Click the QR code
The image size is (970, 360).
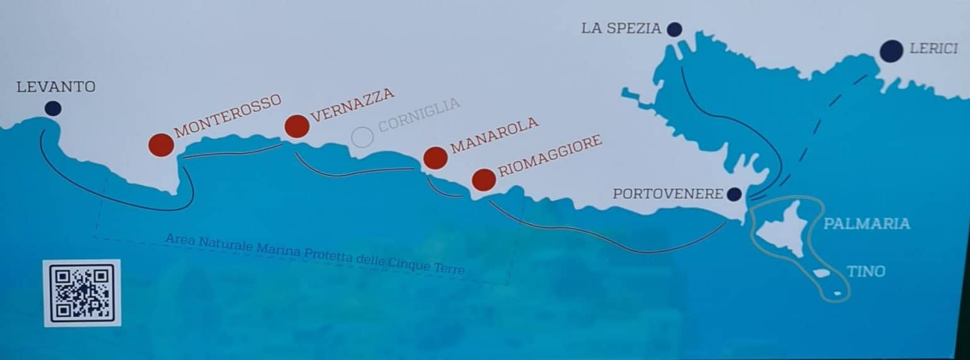[x=82, y=293]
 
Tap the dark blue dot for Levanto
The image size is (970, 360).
[x=53, y=109]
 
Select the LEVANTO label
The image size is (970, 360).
[x=56, y=87]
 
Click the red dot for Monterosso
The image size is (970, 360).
[x=161, y=145]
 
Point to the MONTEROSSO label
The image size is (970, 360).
[x=227, y=116]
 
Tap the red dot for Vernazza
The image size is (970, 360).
[x=297, y=126]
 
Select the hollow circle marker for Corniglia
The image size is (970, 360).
[x=362, y=137]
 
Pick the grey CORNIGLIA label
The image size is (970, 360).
[x=419, y=114]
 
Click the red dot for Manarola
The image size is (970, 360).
[x=435, y=158]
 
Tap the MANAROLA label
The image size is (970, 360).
[x=494, y=135]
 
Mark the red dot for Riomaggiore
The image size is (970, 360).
[x=484, y=180]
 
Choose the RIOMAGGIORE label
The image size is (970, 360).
[x=549, y=156]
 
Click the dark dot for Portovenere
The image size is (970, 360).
[x=734, y=195]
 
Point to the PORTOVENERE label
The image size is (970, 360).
[x=668, y=194]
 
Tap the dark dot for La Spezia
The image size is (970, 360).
[x=674, y=29]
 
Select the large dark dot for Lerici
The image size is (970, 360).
[x=891, y=51]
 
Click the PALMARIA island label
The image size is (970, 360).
[x=866, y=224]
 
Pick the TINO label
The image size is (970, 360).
[x=866, y=272]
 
